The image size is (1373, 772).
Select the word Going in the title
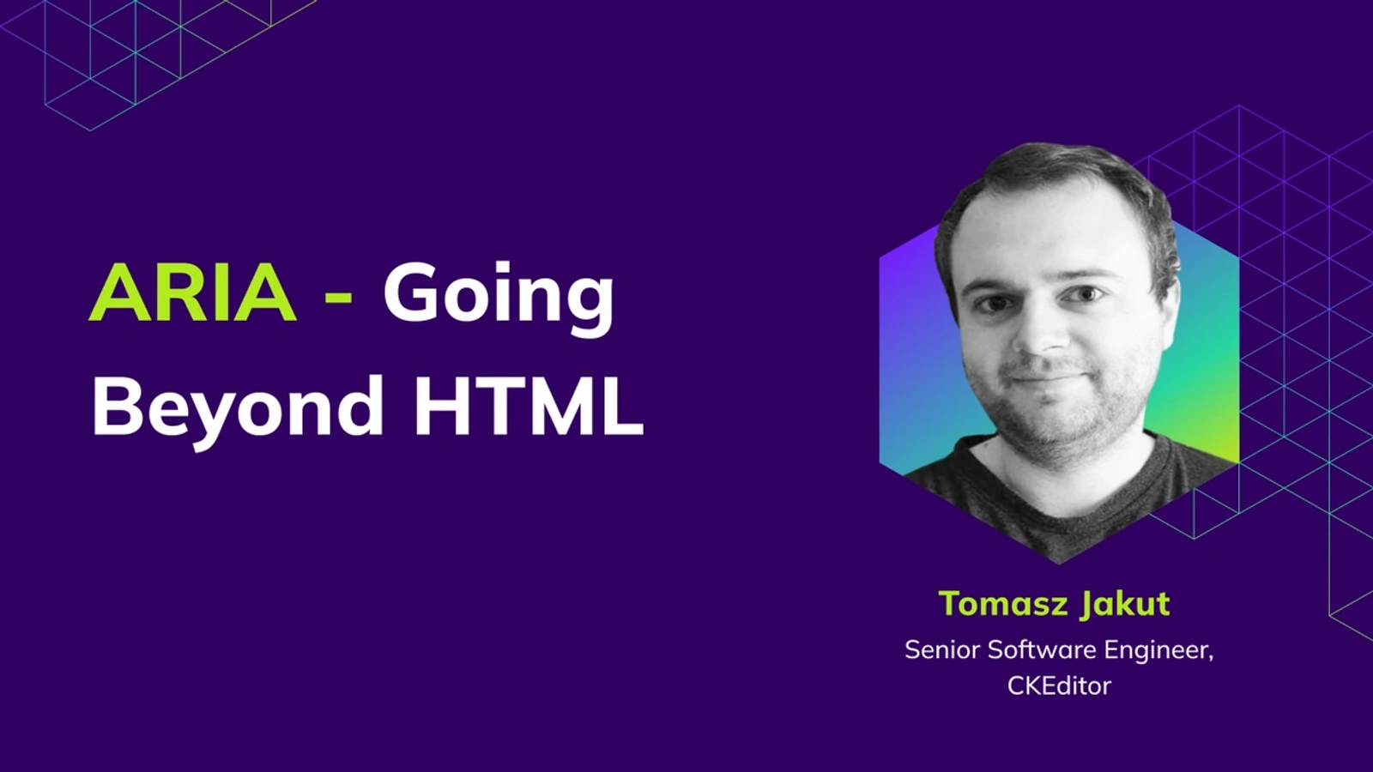(x=499, y=297)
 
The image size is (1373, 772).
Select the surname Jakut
(x=1125, y=604)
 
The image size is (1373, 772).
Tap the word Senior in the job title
(x=942, y=649)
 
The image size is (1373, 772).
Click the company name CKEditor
(x=1059, y=685)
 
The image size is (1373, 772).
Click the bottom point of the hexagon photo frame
(x=1059, y=564)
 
